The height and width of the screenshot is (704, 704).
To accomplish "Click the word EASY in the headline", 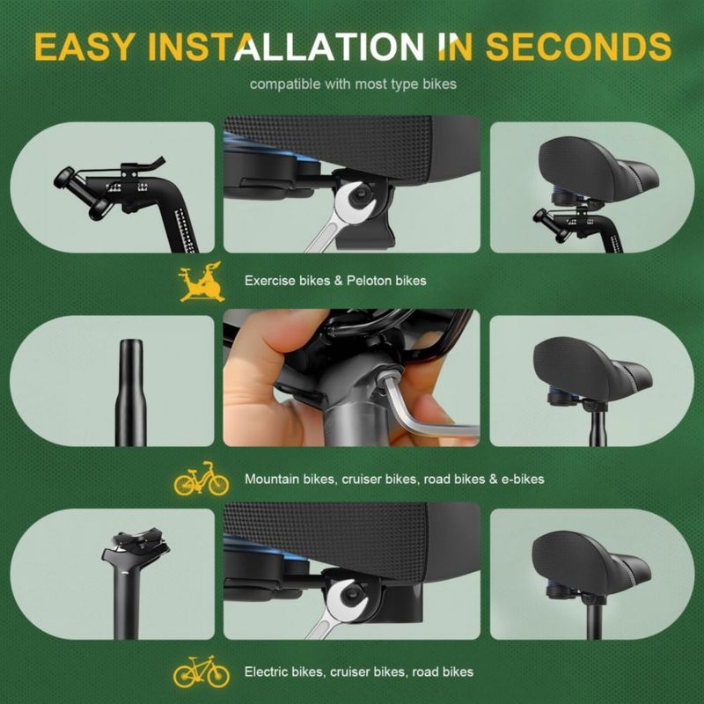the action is coord(84,47).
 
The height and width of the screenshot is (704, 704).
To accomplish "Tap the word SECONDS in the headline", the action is coord(578,47).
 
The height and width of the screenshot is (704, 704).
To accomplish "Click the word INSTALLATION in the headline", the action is coord(285,47).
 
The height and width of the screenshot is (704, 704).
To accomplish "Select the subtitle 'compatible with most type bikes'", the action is coord(353,84).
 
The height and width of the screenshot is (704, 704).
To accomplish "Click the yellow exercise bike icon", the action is coord(202,282).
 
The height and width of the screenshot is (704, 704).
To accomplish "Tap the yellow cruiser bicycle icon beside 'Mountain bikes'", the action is coord(202,479).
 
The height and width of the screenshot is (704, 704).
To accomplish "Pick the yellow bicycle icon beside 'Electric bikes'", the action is coord(202,671).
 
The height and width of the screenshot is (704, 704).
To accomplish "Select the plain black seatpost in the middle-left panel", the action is coord(130,392).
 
